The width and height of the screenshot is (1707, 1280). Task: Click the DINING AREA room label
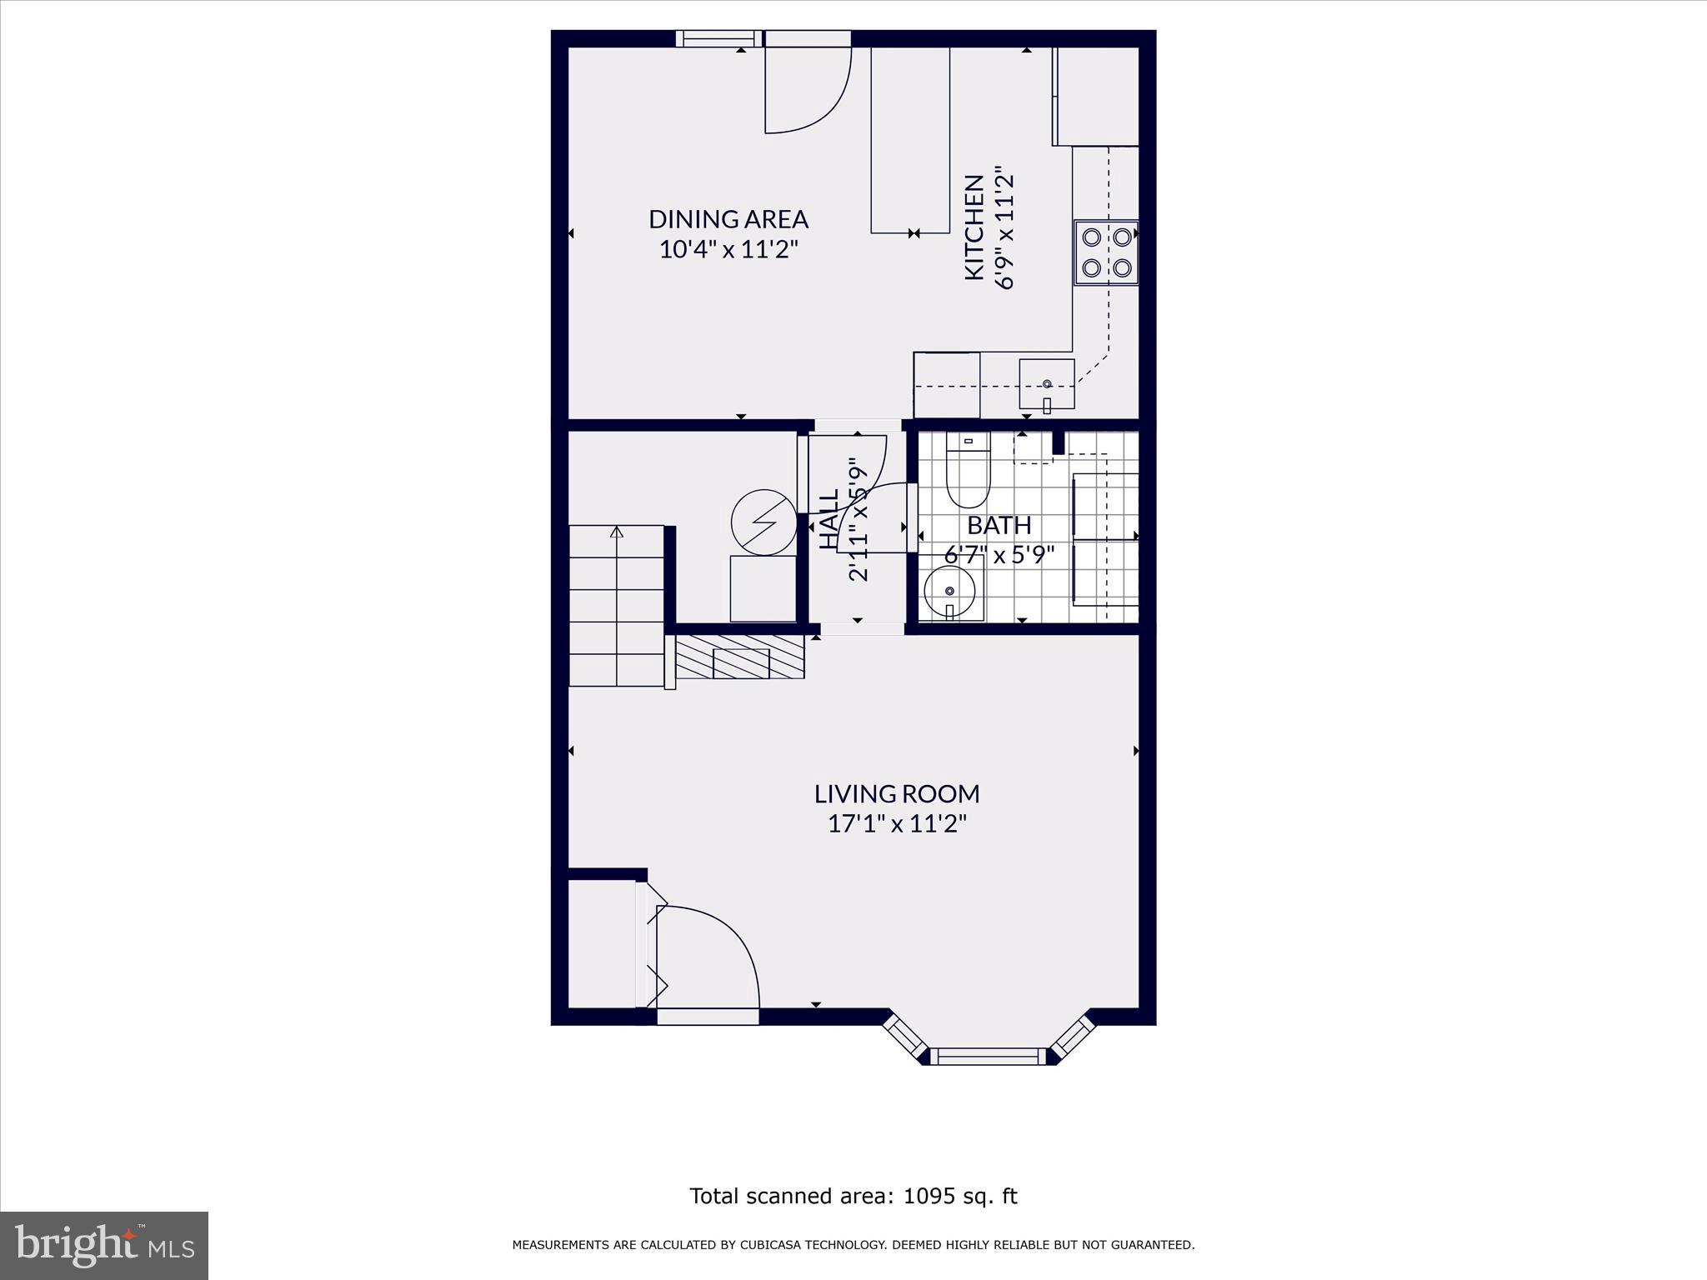click(x=728, y=219)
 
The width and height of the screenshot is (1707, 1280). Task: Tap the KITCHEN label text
click(x=974, y=227)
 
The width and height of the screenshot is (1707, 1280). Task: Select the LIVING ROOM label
click(x=897, y=793)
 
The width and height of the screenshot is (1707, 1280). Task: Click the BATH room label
click(x=999, y=525)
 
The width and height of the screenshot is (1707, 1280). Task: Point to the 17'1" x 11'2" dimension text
click(x=897, y=824)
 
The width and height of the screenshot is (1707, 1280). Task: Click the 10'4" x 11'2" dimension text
click(x=728, y=249)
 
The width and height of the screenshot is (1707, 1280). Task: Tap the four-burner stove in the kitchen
click(x=1106, y=252)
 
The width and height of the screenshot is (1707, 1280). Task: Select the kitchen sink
click(x=1047, y=383)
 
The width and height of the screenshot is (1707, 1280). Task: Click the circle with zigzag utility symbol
click(x=763, y=523)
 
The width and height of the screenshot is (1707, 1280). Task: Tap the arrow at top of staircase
click(x=617, y=531)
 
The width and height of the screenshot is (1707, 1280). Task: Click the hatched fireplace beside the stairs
click(x=740, y=657)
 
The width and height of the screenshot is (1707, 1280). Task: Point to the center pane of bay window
click(x=987, y=1057)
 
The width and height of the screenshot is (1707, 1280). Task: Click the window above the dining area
click(x=718, y=38)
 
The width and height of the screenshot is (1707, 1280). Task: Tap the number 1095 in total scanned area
click(x=927, y=1197)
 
